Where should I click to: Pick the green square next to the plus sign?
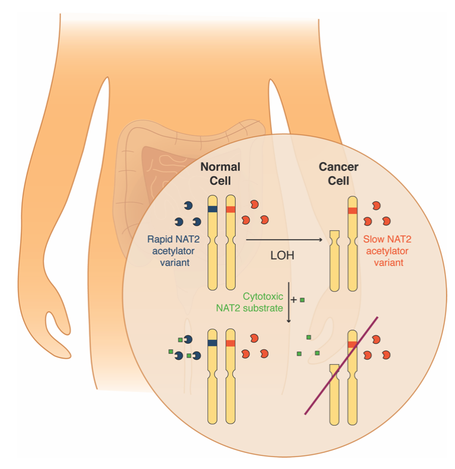(x=302, y=301)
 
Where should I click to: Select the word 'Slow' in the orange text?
(x=374, y=241)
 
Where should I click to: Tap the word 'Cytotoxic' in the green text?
(x=263, y=295)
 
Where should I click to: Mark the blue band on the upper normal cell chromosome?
(x=213, y=209)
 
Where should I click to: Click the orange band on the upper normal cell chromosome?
(x=230, y=209)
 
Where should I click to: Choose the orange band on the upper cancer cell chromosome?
(x=353, y=210)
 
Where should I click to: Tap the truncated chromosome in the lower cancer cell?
(x=334, y=394)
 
